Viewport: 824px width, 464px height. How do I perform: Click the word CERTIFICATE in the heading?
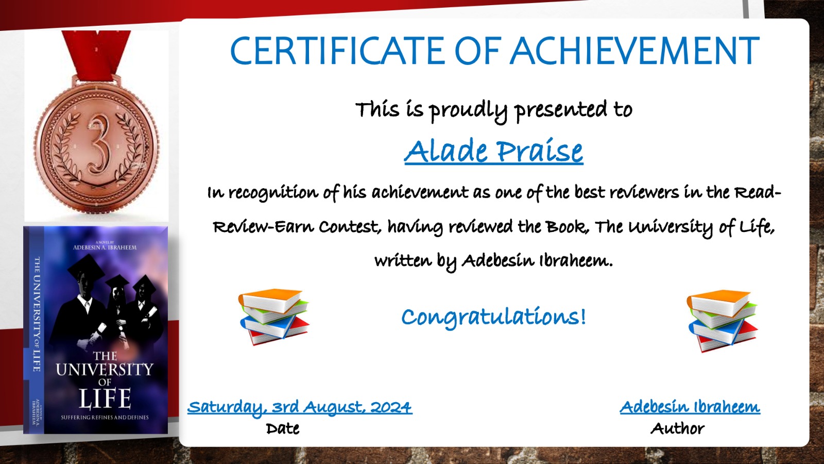pyautogui.click(x=336, y=51)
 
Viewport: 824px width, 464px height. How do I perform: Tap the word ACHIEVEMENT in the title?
pyautogui.click(x=634, y=51)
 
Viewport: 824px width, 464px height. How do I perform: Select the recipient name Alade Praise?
pyautogui.click(x=494, y=151)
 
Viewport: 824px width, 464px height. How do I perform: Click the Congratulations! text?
pyautogui.click(x=493, y=317)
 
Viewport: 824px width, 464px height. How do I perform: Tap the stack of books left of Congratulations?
pyautogui.click(x=274, y=317)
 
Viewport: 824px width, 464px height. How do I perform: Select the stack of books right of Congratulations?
pyautogui.click(x=722, y=321)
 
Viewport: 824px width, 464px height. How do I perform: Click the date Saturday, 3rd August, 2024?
pyautogui.click(x=299, y=407)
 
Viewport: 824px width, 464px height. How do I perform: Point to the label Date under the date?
pyautogui.click(x=283, y=428)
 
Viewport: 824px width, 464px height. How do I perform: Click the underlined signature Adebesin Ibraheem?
pyautogui.click(x=690, y=407)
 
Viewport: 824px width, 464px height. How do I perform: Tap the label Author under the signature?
pyautogui.click(x=678, y=428)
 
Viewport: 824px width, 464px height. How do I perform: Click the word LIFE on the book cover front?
pyautogui.click(x=105, y=399)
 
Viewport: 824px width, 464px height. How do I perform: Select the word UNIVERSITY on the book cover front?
pyautogui.click(x=105, y=369)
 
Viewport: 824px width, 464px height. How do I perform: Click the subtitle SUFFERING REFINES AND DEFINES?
pyautogui.click(x=105, y=417)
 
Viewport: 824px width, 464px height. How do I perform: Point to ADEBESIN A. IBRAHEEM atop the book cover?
pyautogui.click(x=105, y=247)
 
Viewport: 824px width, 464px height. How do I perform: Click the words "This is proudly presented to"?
pyautogui.click(x=494, y=110)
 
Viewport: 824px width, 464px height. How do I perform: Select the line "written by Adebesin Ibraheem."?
pyautogui.click(x=494, y=261)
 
